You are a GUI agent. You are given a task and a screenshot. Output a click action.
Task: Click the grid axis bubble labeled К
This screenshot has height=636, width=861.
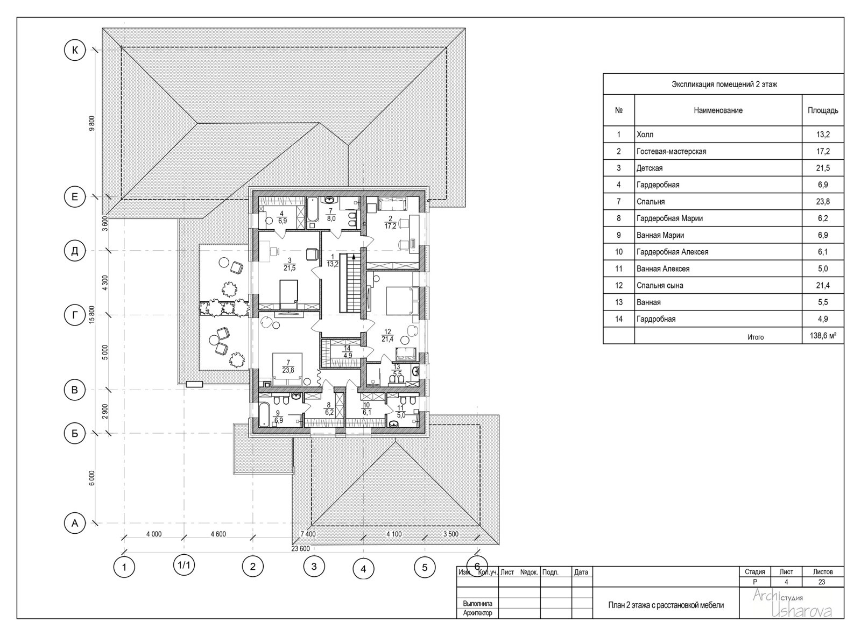[75, 50]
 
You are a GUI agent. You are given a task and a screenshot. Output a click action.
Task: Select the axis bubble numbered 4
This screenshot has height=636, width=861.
[363, 569]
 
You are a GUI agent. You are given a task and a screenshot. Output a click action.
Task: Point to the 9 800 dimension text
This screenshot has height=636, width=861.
[91, 123]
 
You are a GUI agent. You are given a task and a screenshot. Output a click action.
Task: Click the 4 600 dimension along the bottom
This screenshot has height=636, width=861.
[218, 534]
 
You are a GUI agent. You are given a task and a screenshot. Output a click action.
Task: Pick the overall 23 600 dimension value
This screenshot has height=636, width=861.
[300, 549]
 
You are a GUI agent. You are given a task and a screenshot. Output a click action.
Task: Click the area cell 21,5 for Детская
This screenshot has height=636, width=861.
[823, 168]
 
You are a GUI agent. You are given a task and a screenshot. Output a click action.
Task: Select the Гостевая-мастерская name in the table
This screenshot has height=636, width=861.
[671, 151]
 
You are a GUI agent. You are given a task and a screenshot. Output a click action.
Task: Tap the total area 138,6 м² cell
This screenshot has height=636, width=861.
[823, 335]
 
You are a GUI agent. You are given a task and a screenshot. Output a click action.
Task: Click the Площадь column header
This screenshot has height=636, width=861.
[823, 110]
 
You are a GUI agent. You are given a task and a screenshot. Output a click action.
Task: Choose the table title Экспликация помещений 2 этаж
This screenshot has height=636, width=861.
[724, 84]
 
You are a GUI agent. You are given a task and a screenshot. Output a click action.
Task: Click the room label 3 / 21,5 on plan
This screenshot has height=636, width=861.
[289, 264]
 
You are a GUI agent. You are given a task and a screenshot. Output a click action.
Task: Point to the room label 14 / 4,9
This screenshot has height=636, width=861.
[348, 352]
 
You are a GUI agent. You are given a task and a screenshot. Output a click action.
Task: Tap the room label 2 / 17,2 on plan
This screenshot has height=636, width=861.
[391, 222]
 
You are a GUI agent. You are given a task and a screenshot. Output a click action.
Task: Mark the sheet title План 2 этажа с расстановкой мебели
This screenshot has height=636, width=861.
[666, 605]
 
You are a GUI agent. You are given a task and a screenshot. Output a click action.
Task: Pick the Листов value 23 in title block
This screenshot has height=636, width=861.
[822, 582]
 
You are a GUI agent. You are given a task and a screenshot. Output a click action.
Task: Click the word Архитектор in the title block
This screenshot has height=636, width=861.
[477, 613]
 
